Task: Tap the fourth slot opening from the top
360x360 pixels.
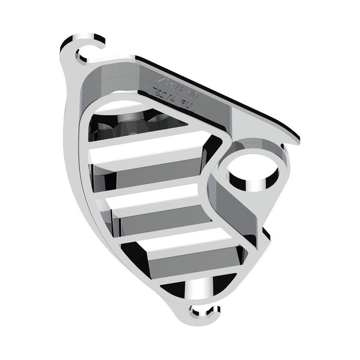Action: [x=189, y=255]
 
